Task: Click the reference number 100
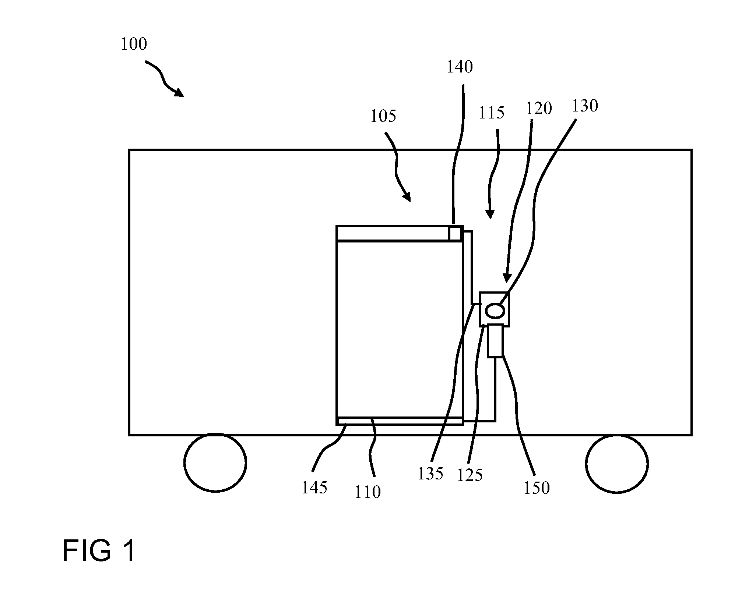pyautogui.click(x=134, y=44)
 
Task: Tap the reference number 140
pyautogui.click(x=460, y=67)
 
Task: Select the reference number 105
pyautogui.click(x=383, y=116)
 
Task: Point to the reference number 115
pyautogui.click(x=491, y=113)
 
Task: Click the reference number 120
pyautogui.click(x=539, y=109)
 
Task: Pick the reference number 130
pyautogui.click(x=585, y=106)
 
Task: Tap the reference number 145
pyautogui.click(x=314, y=488)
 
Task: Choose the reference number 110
pyautogui.click(x=368, y=492)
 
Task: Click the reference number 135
pyautogui.click(x=430, y=474)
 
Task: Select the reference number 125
pyautogui.click(x=470, y=475)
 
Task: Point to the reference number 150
pyautogui.click(x=537, y=488)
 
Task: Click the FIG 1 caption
pyautogui.click(x=99, y=550)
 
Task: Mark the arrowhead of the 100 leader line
pyautogui.click(x=179, y=92)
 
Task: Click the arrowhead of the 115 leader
pyautogui.click(x=490, y=215)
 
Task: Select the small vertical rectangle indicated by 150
pyautogui.click(x=495, y=341)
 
